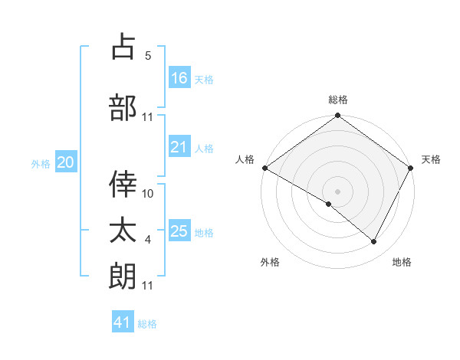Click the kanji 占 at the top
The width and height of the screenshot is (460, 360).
point(123,47)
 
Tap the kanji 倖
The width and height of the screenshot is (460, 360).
point(123,183)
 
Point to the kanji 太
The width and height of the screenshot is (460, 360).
point(123,229)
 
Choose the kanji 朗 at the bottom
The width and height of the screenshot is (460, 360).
point(123,275)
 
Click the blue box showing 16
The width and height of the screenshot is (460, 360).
point(179,77)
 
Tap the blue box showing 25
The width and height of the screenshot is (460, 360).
point(179,231)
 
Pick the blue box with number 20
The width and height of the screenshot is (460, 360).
point(66,162)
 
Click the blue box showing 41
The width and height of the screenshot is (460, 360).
point(123,322)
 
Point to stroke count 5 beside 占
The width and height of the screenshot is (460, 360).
point(148,55)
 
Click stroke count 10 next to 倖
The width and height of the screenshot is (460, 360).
point(148,194)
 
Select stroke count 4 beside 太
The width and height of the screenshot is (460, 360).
point(148,240)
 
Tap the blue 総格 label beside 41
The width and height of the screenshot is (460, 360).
point(147,324)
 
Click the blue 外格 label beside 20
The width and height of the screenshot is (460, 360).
point(41,163)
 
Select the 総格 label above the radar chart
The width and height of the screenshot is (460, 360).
point(337,100)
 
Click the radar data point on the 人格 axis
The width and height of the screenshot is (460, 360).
point(264,168)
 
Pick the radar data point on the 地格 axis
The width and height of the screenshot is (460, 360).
point(374,242)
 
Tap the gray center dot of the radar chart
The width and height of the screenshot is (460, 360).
point(337,191)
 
